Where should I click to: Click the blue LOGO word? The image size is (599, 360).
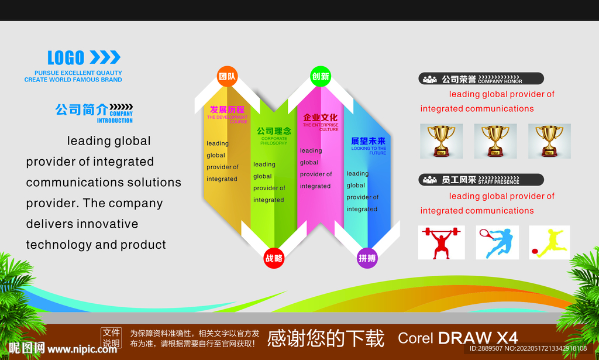click(66, 57)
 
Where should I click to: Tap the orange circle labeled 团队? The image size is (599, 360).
click(227, 76)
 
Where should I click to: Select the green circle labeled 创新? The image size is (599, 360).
click(320, 76)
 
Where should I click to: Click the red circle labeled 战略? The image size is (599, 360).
click(274, 258)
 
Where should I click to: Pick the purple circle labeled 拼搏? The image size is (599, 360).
click(367, 258)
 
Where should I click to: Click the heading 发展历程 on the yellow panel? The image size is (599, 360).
click(227, 109)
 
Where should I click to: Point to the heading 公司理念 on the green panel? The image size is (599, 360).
click(273, 131)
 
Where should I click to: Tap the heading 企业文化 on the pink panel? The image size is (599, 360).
click(320, 117)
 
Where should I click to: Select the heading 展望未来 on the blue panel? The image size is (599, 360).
click(368, 141)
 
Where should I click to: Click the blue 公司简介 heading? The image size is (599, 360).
click(81, 109)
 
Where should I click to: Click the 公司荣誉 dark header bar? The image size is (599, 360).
click(481, 78)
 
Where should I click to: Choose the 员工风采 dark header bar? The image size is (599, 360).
click(481, 180)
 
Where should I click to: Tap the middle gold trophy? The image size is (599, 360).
click(495, 141)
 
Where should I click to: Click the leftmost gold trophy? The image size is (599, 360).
click(441, 141)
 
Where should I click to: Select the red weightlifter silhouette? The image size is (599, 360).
click(442, 243)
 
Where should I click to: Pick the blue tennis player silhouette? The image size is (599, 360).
click(497, 243)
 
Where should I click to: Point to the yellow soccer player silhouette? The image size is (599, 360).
click(550, 243)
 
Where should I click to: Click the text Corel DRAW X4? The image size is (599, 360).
click(457, 338)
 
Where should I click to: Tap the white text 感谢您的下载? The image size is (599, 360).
click(325, 338)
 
